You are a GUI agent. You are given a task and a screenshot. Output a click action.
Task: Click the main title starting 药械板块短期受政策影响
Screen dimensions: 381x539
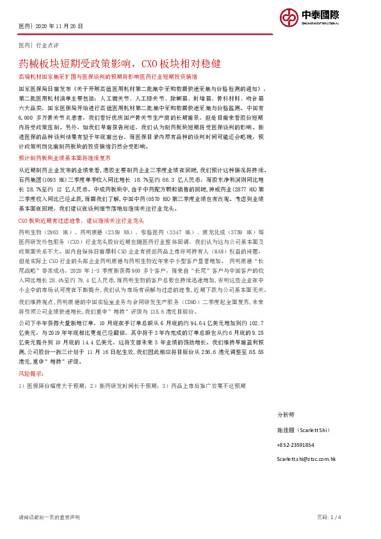(120, 64)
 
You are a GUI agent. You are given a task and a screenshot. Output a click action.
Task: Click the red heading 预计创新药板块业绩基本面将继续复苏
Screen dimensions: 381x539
(65, 157)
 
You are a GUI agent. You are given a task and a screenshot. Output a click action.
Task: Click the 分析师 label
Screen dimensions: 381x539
(286, 415)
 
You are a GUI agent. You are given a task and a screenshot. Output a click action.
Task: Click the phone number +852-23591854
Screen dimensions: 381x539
(295, 444)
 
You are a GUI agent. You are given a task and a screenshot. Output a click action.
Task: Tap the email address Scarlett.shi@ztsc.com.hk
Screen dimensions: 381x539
(306, 459)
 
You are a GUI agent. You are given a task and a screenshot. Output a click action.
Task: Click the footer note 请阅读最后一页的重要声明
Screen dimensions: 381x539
(49, 517)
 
